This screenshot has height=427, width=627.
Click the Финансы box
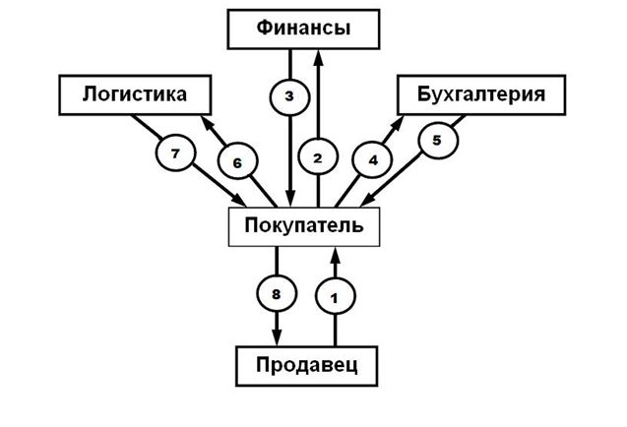click(303, 30)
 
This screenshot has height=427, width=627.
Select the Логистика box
click(136, 95)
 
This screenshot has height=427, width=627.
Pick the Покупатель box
click(303, 225)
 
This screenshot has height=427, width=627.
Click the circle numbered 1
click(336, 294)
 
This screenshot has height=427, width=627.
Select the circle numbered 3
click(288, 96)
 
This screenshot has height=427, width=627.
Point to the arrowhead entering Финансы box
click(317, 55)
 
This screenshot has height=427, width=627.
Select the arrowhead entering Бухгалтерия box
click(404, 122)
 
